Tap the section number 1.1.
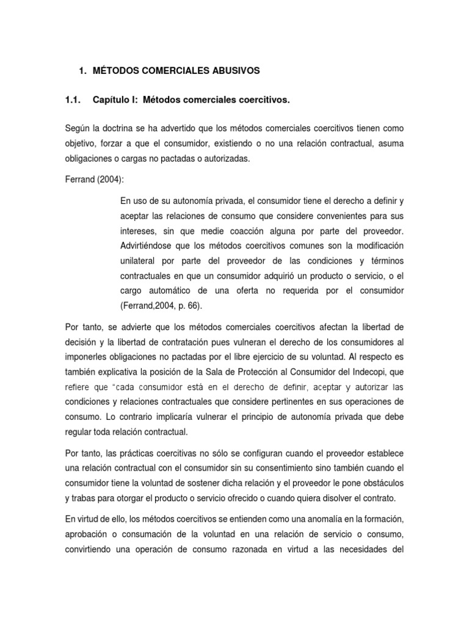point(75,99)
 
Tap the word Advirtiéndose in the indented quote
point(151,246)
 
